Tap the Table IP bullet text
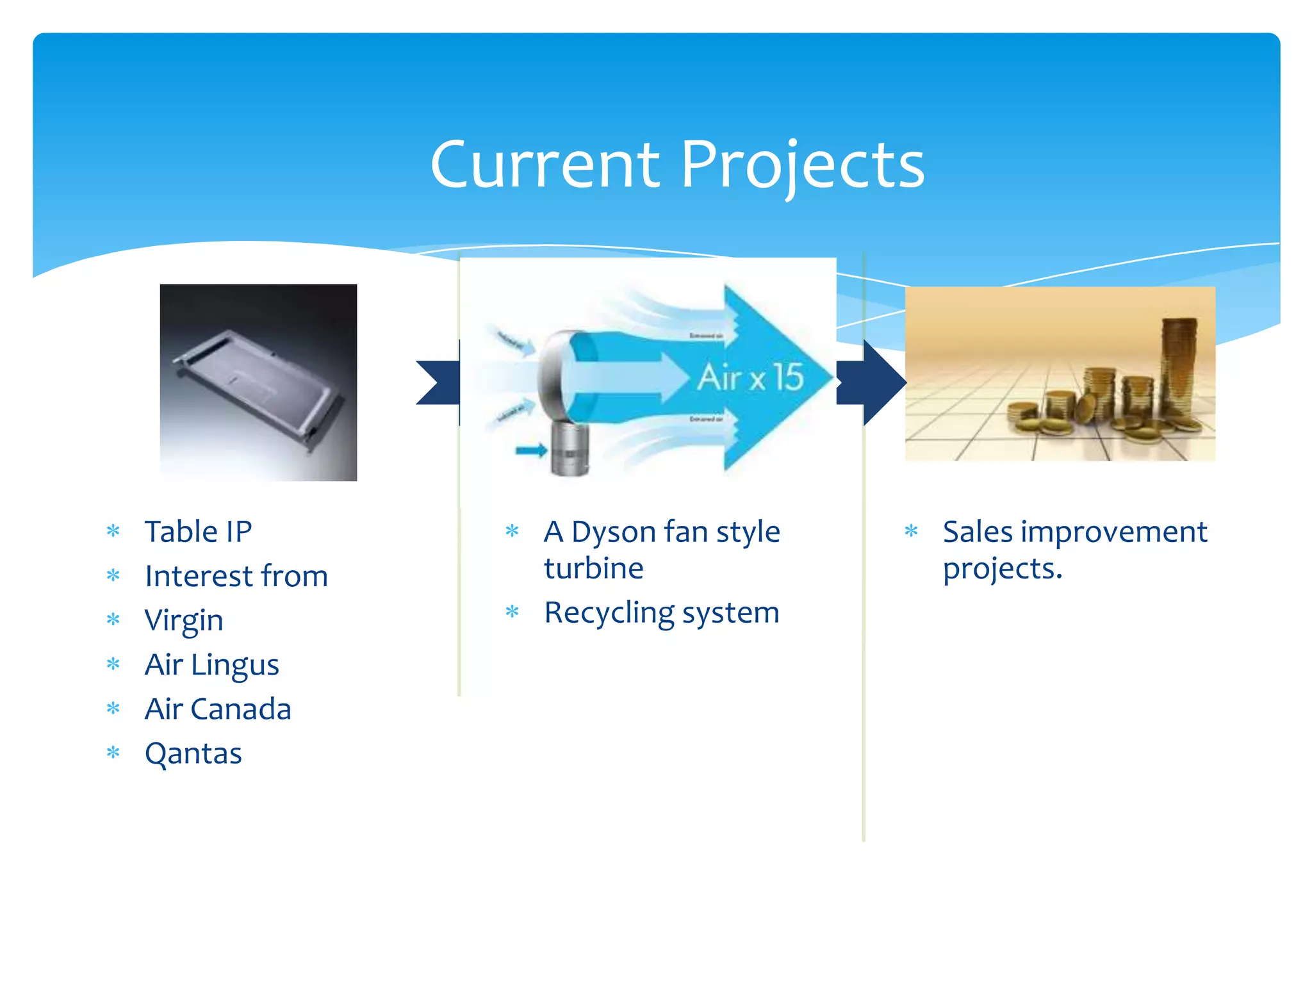point(198,532)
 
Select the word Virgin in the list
point(184,620)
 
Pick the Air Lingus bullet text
point(212,664)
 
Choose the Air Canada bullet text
point(218,709)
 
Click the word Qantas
point(193,753)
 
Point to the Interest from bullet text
point(236,576)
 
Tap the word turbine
point(593,568)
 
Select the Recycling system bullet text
point(661,612)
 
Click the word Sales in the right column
point(978,532)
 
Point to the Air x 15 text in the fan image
point(750,377)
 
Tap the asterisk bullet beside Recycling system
point(512,612)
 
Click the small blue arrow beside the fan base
point(530,451)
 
